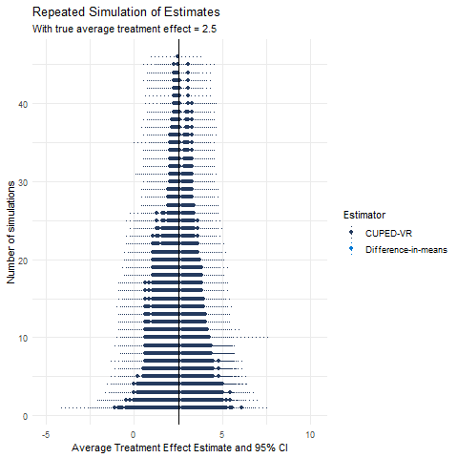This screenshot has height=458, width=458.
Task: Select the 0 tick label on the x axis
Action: (x=134, y=434)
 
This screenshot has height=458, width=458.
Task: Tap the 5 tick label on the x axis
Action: (x=223, y=434)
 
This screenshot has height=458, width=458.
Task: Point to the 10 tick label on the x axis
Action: (x=311, y=434)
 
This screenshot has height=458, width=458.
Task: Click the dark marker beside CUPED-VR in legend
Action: (x=352, y=232)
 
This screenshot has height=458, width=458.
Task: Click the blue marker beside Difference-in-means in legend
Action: (x=352, y=249)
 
